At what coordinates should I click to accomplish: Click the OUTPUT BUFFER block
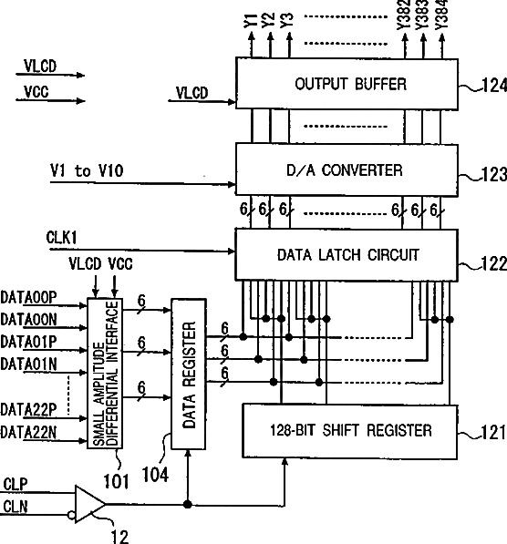[x=347, y=84]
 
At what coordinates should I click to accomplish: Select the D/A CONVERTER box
[x=347, y=170]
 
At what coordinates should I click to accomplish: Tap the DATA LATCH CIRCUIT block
[x=347, y=254]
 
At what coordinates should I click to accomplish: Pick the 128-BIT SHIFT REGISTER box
[x=349, y=431]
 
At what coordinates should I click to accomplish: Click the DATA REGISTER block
[x=189, y=374]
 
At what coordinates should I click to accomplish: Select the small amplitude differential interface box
[x=105, y=374]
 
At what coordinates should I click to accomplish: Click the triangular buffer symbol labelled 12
[x=90, y=504]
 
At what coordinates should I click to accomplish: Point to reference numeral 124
[x=494, y=85]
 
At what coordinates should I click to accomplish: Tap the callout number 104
[x=155, y=474]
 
